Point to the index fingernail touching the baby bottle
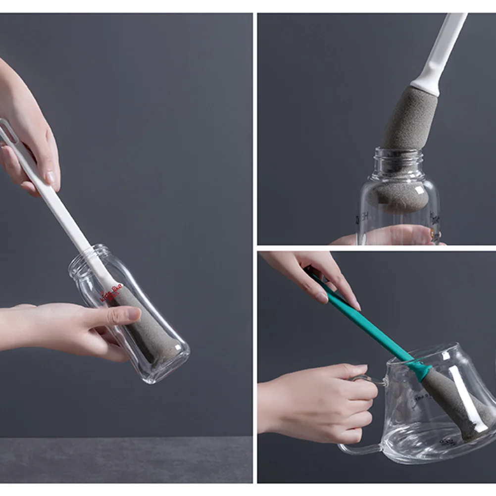133,313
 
